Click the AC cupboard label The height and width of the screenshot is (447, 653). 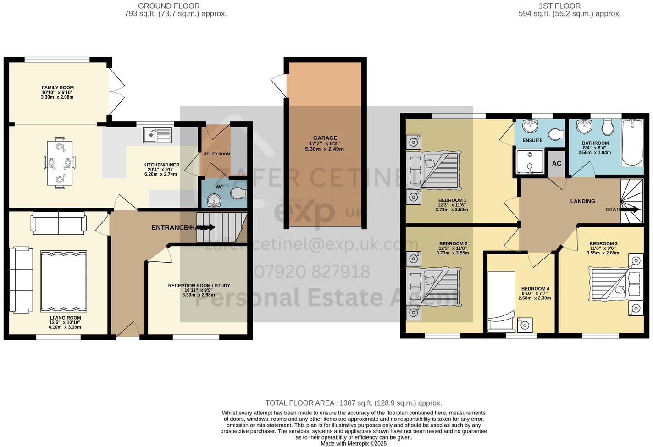[x=557, y=164]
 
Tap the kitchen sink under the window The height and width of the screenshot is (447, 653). [x=157, y=135]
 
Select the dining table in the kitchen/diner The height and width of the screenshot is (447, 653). [x=59, y=163]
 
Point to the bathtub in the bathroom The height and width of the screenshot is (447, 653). [x=633, y=142]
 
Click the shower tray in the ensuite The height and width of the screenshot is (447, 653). [x=530, y=161]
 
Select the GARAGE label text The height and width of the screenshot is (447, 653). [x=325, y=138]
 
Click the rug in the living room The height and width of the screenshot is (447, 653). [x=64, y=281]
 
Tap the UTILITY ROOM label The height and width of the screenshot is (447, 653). [x=216, y=154]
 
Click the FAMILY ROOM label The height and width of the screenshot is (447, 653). [x=58, y=88]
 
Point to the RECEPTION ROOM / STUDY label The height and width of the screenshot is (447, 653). [x=199, y=286]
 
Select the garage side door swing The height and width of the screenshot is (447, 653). [x=278, y=85]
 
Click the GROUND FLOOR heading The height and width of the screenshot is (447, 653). [x=169, y=6]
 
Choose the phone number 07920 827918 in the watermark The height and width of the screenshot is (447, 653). [x=311, y=272]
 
